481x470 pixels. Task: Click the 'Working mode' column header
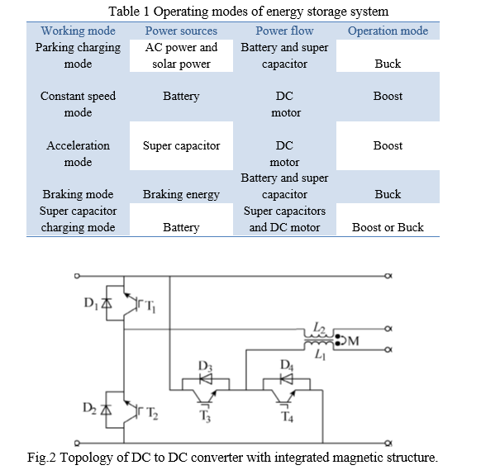click(79, 31)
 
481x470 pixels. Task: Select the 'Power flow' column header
click(284, 31)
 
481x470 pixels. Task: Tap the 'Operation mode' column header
click(388, 31)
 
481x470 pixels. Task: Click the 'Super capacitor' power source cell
click(181, 146)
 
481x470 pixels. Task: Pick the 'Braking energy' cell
click(181, 194)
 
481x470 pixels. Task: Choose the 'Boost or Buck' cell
click(388, 227)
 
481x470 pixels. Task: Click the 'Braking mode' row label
click(78, 194)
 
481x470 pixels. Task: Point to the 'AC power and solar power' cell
click(181, 55)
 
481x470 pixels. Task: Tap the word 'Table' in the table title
click(124, 12)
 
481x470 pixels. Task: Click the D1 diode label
click(91, 303)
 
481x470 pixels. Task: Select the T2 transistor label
click(152, 413)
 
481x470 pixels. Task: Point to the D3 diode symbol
click(206, 378)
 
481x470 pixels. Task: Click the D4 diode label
click(287, 365)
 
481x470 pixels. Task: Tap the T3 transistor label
click(205, 416)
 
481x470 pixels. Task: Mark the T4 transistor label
click(287, 416)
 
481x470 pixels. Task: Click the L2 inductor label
click(319, 328)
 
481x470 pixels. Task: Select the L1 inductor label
click(320, 354)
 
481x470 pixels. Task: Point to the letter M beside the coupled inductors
click(354, 341)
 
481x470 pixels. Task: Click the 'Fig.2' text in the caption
click(41, 458)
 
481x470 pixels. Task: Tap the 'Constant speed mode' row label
click(78, 105)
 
